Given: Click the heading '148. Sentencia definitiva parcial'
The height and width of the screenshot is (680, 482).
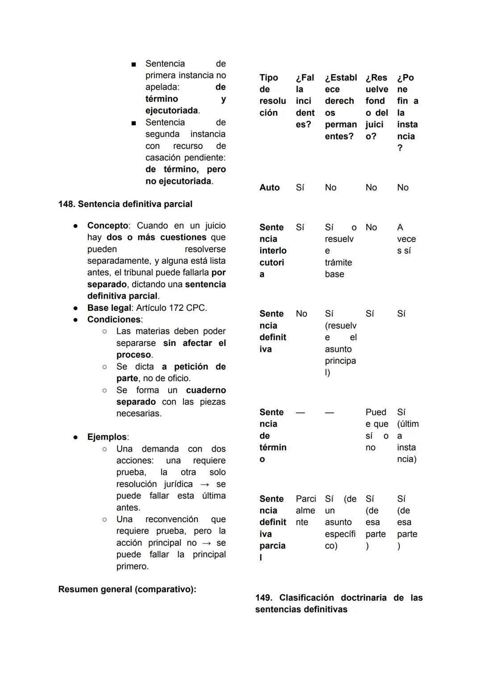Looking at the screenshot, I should coord(125,204).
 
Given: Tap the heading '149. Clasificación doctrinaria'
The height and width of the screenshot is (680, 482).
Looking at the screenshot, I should coord(338,603).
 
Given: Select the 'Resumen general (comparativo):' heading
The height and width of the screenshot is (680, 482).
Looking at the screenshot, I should coord(127,589).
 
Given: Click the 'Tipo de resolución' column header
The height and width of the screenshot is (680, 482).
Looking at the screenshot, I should coord(272,95).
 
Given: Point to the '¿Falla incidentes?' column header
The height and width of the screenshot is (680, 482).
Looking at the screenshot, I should coord(305,101).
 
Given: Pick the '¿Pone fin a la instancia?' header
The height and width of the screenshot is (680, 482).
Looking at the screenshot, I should coord(407,112).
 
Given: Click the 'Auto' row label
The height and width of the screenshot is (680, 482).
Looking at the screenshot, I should coord(270,188).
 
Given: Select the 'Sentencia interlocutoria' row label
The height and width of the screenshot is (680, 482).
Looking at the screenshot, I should coord(273,251).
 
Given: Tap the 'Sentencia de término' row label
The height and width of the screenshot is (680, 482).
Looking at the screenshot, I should coord(273,436).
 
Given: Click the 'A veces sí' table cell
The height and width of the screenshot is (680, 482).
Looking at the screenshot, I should coord(406,239).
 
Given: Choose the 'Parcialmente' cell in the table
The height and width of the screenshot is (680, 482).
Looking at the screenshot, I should coord(306,511).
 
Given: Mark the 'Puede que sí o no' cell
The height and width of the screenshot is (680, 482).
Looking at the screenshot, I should coord(377,430).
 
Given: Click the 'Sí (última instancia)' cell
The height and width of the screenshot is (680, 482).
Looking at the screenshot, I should coord(407,436).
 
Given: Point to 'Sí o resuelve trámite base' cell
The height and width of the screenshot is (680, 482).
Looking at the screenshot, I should coord(340,251).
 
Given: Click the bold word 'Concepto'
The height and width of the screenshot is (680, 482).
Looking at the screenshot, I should coord(108,226).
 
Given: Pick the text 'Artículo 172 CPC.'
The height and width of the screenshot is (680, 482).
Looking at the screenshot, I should coord(171,308).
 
